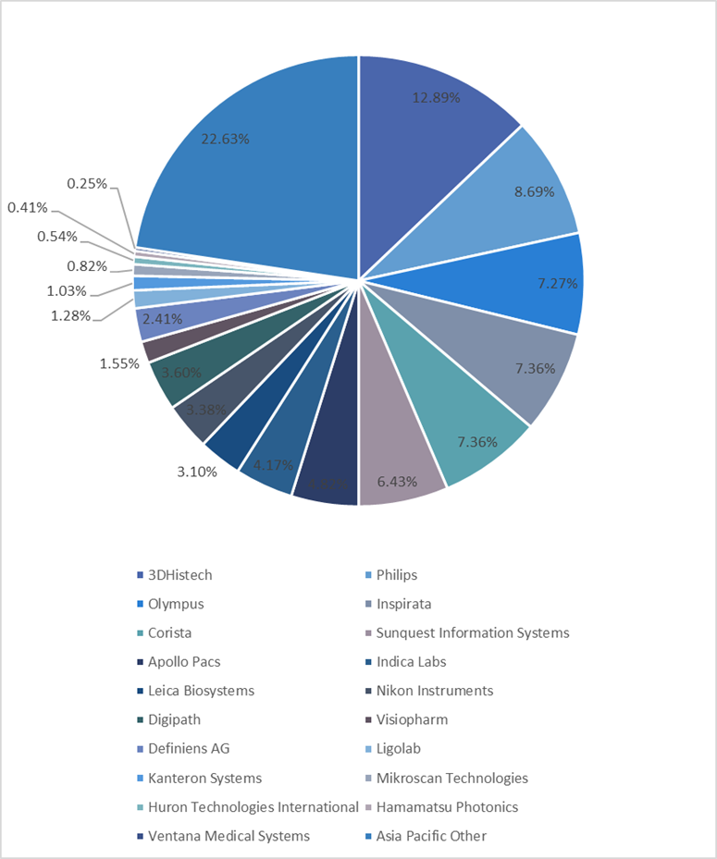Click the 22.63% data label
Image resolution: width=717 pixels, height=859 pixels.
[225, 139]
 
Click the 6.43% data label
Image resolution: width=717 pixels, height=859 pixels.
[396, 482]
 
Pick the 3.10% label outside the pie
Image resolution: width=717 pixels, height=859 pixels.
[196, 472]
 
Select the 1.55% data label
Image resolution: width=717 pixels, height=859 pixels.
[119, 363]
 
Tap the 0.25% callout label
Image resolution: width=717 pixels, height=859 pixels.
[87, 184]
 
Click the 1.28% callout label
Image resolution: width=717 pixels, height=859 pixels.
[70, 315]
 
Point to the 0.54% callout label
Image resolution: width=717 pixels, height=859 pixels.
[56, 237]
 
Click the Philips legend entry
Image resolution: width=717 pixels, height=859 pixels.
[396, 575]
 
